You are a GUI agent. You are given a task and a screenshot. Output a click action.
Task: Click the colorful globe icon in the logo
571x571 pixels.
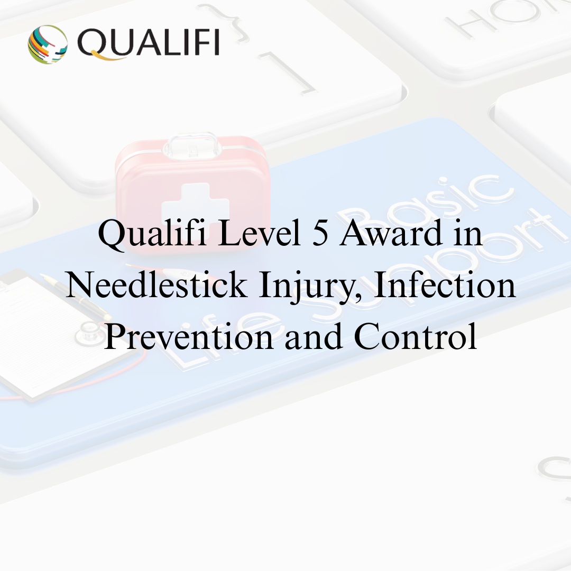tap(48, 44)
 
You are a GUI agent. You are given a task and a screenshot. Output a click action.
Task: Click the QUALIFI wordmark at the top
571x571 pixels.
tap(149, 43)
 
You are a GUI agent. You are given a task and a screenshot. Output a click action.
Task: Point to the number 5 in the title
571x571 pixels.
tap(320, 233)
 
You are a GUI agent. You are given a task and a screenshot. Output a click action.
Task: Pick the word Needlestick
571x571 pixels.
tap(157, 284)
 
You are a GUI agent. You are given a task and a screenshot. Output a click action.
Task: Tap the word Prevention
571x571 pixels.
tap(188, 336)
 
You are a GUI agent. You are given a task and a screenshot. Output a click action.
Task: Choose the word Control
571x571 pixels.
tap(415, 336)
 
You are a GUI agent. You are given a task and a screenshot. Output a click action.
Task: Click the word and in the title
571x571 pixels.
tap(314, 336)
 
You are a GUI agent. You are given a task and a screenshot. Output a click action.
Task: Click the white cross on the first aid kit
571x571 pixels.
tap(195, 208)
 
